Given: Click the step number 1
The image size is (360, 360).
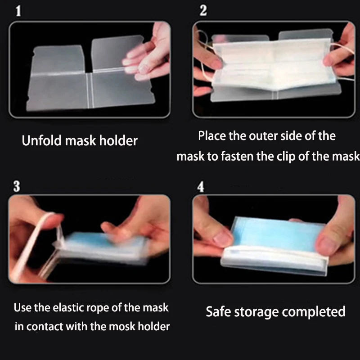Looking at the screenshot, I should click(x=18, y=11).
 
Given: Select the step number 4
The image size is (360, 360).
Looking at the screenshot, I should click(x=201, y=187).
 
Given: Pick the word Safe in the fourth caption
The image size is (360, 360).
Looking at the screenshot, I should click(x=219, y=311).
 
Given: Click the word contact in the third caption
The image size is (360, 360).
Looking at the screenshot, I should click(x=44, y=326).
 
